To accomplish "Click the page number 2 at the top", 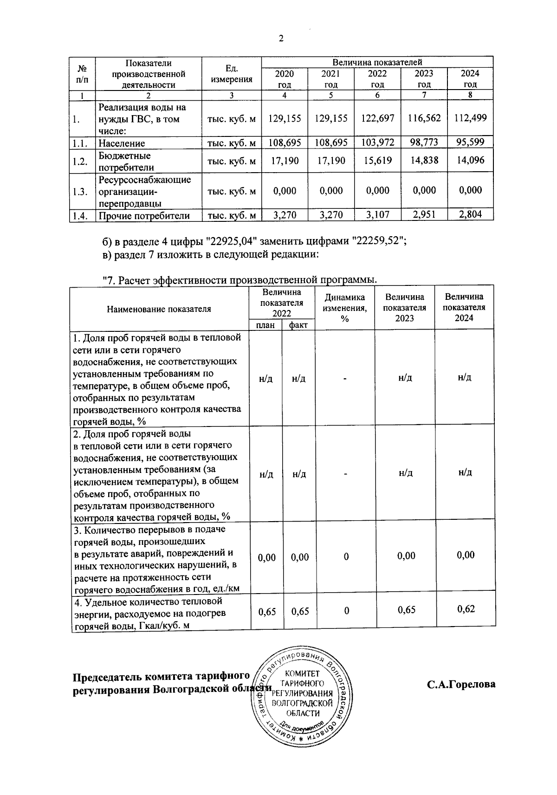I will tap(280, 39).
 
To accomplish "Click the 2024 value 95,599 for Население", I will tap(470, 142).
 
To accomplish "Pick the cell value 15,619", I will tap(377, 161).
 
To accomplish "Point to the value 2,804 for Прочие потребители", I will tap(470, 214).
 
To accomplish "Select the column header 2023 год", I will tap(424, 78).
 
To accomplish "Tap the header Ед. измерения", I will tap(231, 74).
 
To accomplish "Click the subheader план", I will tap(265, 325).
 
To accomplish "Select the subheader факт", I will tap(298, 325).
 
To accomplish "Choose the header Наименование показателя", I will tap(159, 309).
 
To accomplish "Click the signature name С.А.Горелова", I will tap(461, 684).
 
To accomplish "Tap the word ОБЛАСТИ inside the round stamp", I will tap(303, 713).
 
